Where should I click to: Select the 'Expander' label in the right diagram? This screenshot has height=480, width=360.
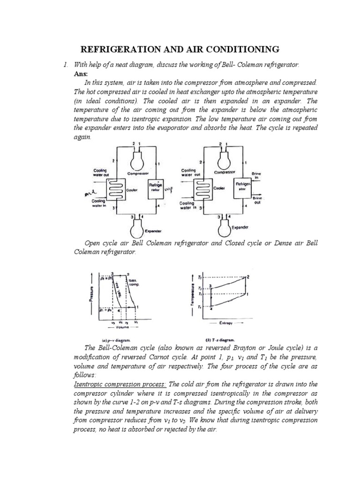(240, 227)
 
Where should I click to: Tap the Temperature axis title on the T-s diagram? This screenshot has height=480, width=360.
(192, 295)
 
